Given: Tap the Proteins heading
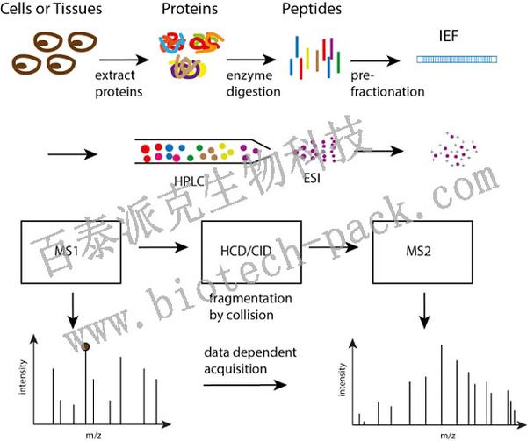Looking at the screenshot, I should (x=186, y=11).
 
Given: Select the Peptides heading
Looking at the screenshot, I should (x=310, y=11).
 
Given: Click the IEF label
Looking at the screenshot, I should (x=450, y=38).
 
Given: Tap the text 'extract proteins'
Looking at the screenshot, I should (x=121, y=84).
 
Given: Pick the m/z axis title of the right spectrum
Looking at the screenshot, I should (x=446, y=433).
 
